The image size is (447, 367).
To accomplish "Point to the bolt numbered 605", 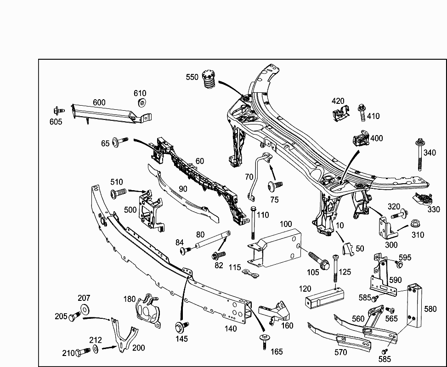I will tap(57, 110).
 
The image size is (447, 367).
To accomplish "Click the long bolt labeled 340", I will tap(420, 154).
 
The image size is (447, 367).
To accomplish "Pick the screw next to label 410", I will tap(361, 112).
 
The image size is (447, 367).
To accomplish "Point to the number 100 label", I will tap(285, 224).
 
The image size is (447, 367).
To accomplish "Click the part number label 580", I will tap(430, 309).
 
